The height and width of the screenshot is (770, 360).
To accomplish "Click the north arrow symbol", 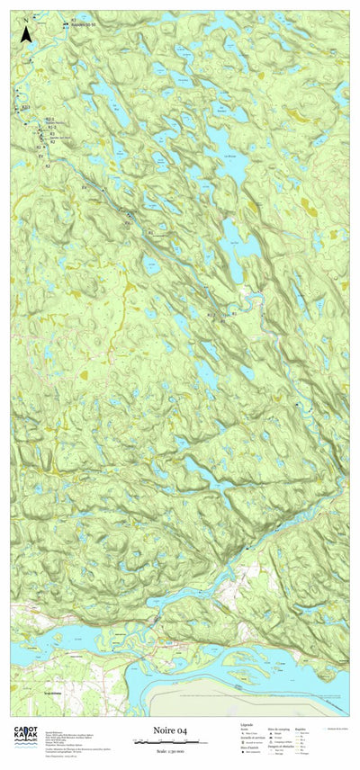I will point(26,34).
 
